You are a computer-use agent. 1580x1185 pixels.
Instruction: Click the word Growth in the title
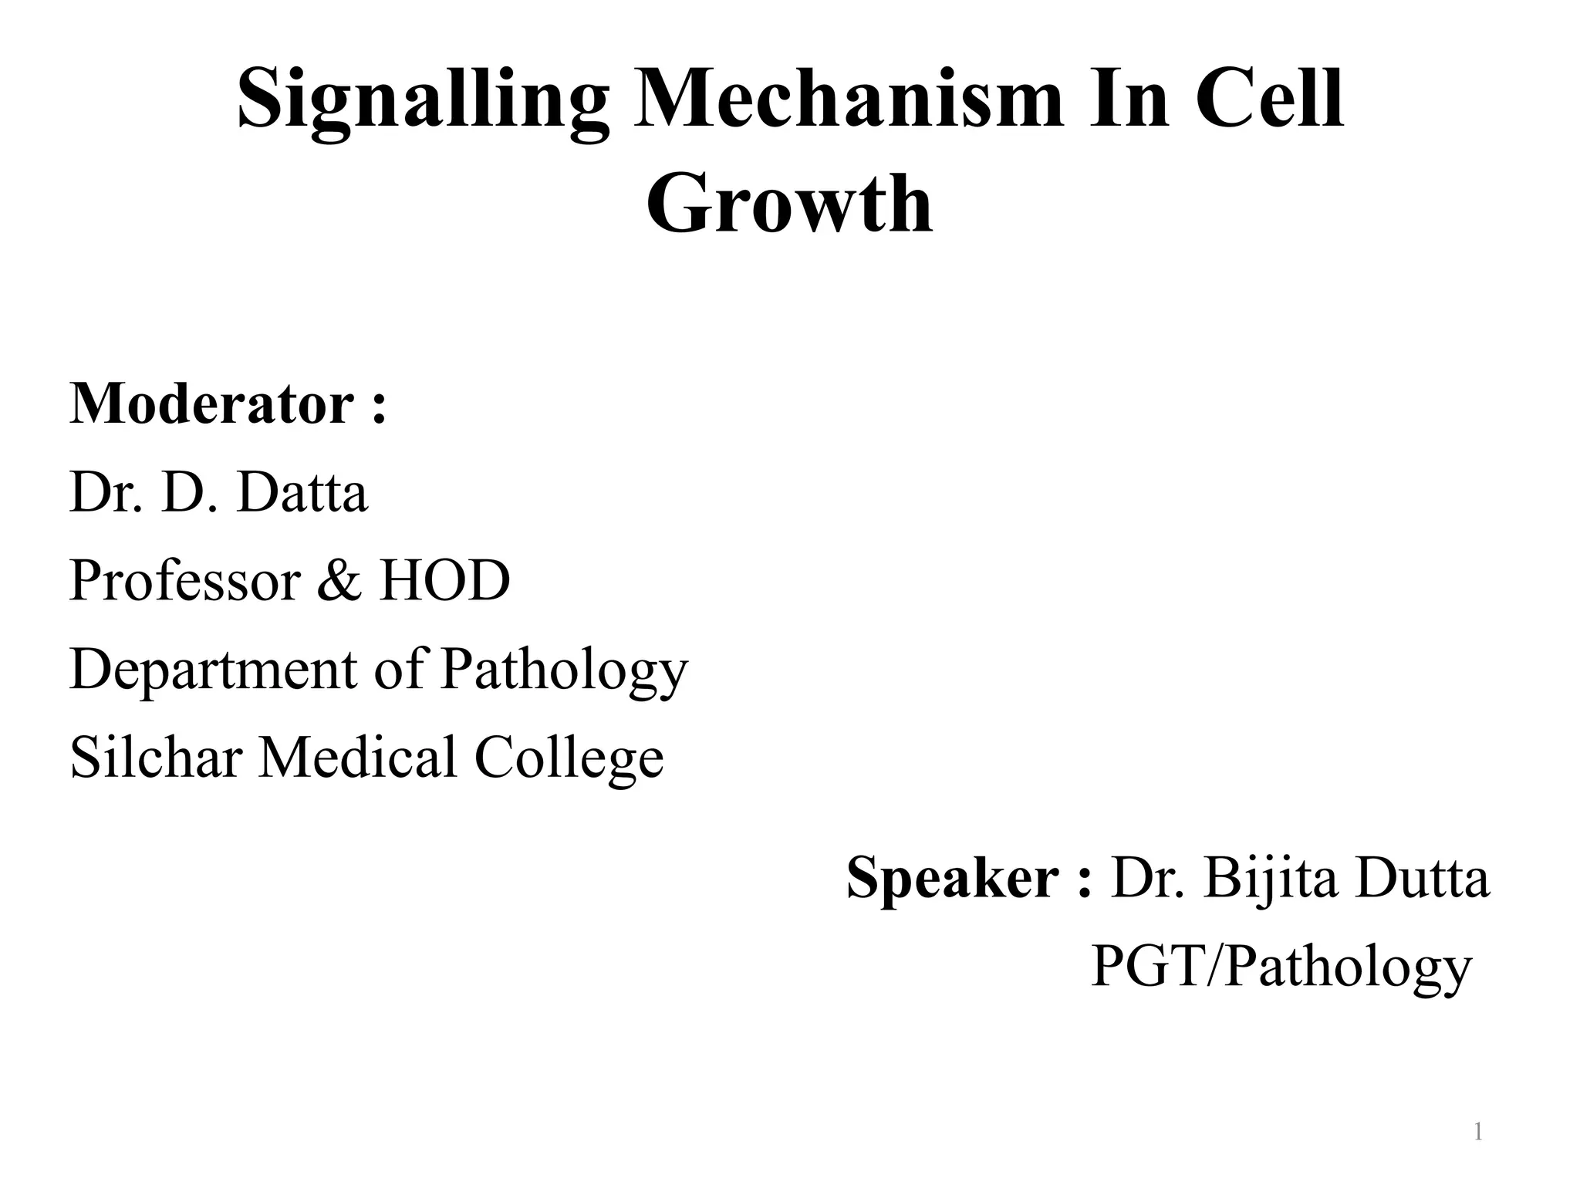(x=789, y=204)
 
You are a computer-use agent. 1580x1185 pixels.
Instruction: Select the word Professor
(x=184, y=580)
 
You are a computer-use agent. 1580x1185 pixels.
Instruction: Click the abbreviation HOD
(x=444, y=580)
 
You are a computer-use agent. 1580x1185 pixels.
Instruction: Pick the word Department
(x=213, y=670)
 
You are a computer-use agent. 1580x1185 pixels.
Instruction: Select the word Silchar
(x=157, y=757)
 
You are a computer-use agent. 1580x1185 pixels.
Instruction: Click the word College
(x=569, y=758)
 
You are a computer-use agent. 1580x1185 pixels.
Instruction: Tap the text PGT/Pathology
(x=1281, y=967)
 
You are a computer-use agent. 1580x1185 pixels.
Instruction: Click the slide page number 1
(x=1477, y=1133)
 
